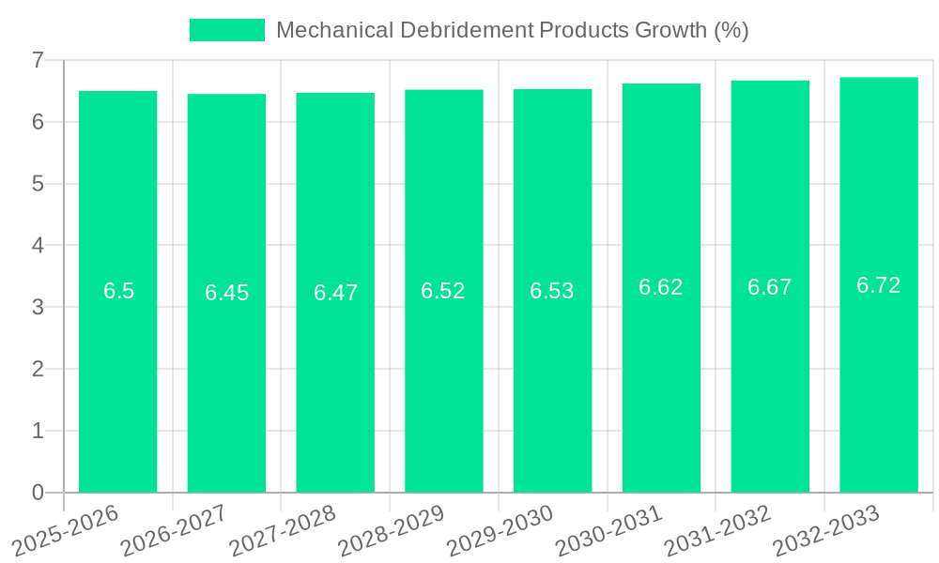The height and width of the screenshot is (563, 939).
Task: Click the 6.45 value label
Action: point(227,293)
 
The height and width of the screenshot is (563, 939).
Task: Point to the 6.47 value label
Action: point(335,293)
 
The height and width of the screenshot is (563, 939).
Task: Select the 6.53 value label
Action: point(552,291)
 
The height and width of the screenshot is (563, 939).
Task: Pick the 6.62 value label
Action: point(661,287)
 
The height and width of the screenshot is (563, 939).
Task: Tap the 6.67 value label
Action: point(770,287)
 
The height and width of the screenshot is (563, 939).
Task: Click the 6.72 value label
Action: point(878,285)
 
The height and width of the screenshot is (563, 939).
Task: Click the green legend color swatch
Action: point(227,30)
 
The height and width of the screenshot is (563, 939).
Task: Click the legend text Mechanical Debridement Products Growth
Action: point(512,30)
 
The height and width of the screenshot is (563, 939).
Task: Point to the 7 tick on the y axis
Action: point(38,60)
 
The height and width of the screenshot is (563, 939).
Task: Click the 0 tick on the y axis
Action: point(38,493)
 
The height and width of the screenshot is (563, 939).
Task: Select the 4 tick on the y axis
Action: point(38,246)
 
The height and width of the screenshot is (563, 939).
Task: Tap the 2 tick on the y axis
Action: point(38,369)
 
